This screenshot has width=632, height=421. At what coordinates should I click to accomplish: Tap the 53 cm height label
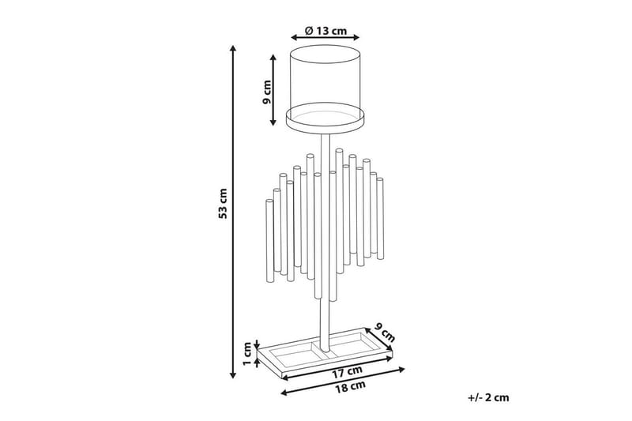[x=224, y=203]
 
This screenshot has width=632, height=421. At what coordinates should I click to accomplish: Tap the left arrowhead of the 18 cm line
[x=283, y=392]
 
